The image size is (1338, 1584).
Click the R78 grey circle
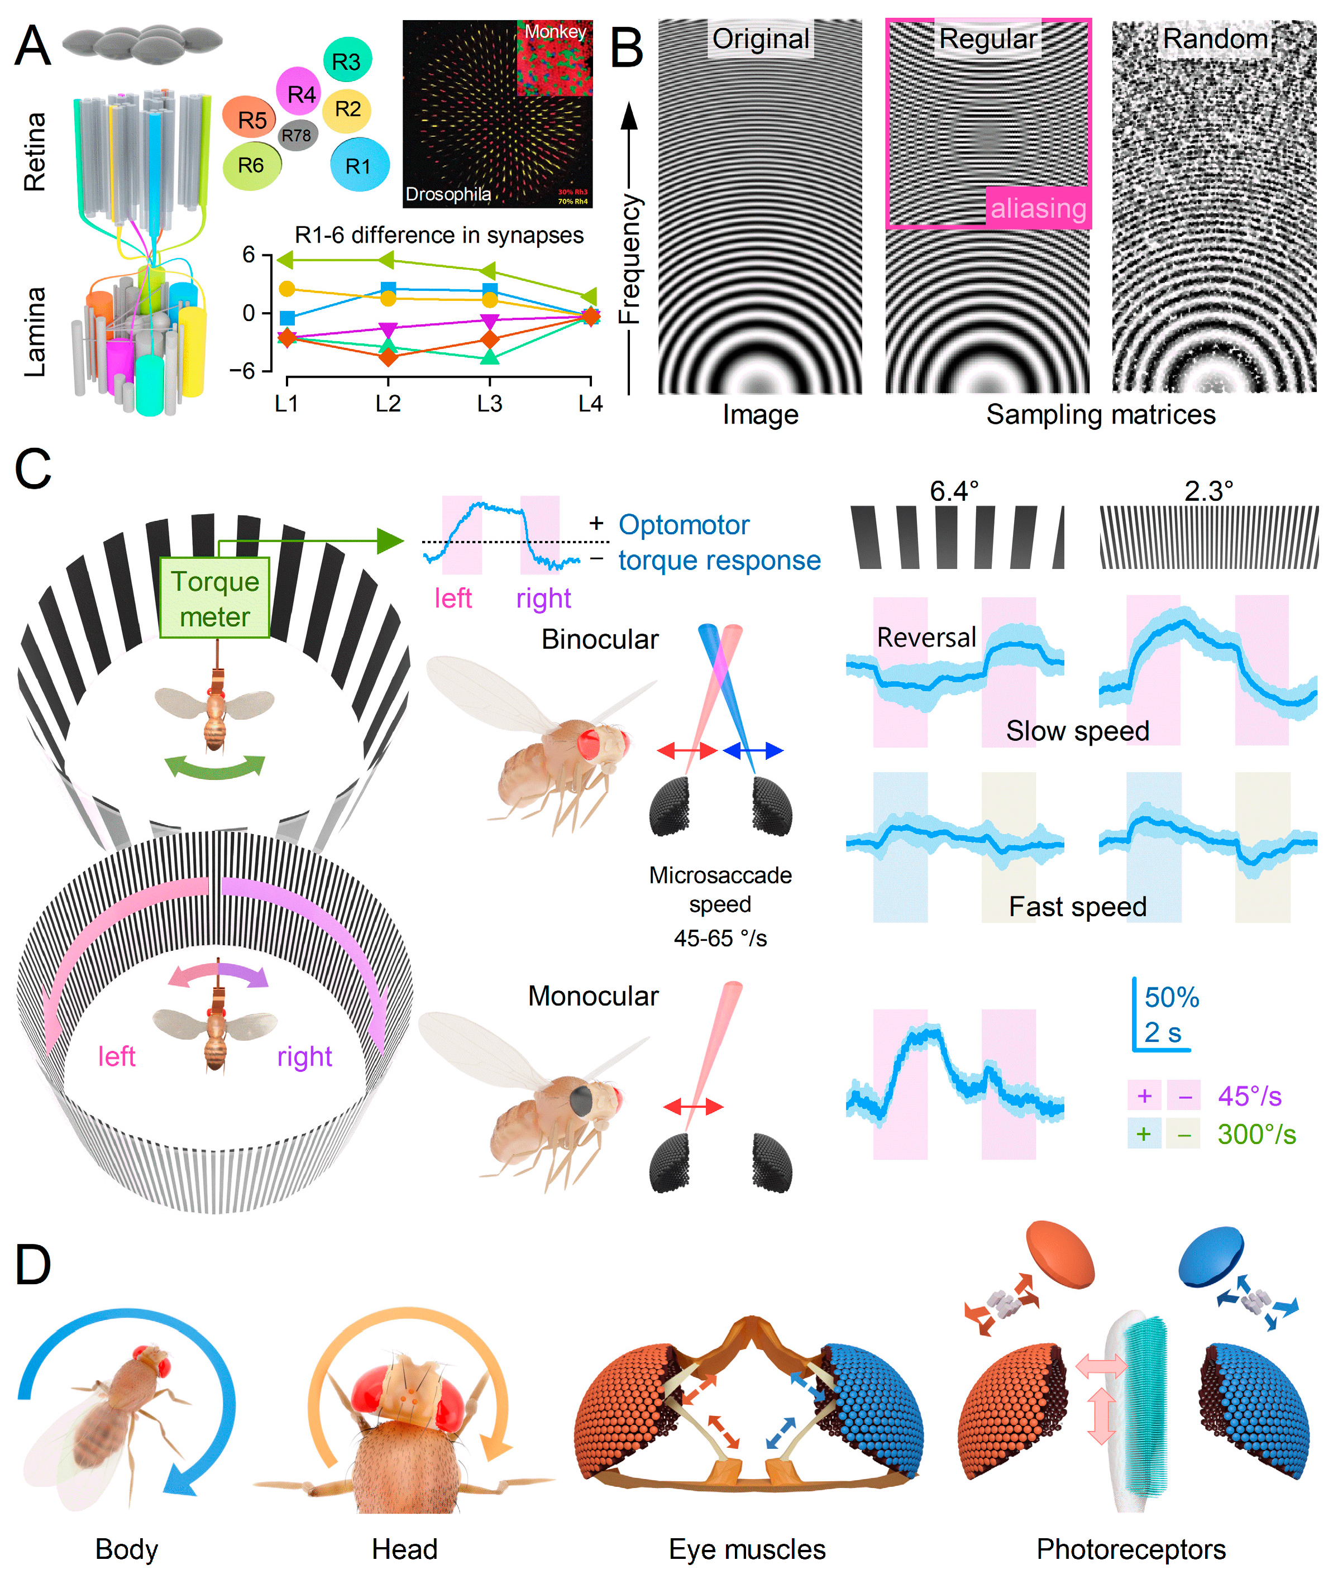(297, 136)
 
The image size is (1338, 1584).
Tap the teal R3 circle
(347, 61)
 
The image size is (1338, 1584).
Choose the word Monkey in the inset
(555, 32)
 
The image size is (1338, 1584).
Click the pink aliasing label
(1038, 208)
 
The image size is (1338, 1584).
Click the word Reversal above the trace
(926, 638)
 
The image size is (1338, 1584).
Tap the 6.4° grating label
(954, 491)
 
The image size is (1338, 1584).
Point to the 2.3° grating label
(1208, 491)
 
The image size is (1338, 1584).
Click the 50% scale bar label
(1172, 997)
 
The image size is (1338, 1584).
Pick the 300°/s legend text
(1256, 1135)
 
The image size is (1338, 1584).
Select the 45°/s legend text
(1249, 1095)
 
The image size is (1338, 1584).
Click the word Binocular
(599, 639)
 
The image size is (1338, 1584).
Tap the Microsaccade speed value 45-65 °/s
(720, 939)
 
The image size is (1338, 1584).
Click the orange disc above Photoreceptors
(1060, 1254)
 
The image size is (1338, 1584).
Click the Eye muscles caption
(747, 1549)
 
